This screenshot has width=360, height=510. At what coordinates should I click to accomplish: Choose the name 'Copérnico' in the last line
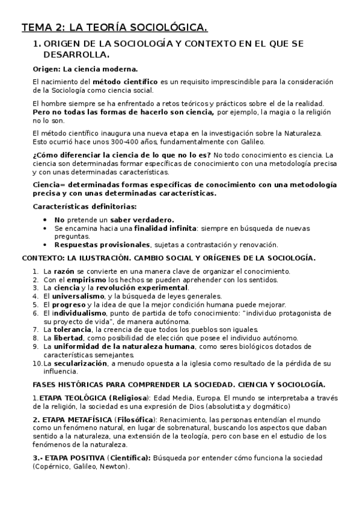(55, 466)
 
